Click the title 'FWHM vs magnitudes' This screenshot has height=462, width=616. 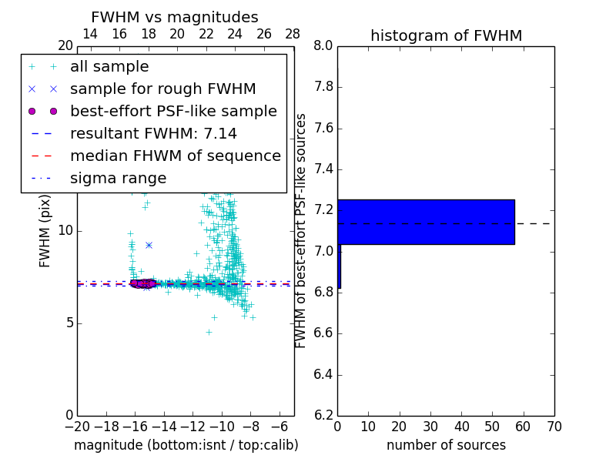click(x=175, y=17)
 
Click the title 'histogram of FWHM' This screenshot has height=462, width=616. click(x=446, y=35)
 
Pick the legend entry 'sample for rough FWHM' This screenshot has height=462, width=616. click(x=162, y=89)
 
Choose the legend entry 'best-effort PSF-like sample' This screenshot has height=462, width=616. click(x=173, y=112)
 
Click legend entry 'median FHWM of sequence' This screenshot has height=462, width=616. click(x=175, y=156)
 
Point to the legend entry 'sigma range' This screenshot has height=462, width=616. click(x=118, y=179)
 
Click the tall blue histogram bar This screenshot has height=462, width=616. click(x=426, y=222)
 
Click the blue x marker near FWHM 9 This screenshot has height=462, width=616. click(x=149, y=245)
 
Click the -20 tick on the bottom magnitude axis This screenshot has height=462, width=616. click(x=77, y=427)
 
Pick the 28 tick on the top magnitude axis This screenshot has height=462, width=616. click(x=293, y=34)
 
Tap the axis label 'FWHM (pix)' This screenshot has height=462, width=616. click(x=45, y=230)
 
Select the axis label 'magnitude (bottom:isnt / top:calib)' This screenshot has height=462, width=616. click(x=186, y=445)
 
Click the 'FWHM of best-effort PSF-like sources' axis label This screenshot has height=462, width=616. click(x=301, y=230)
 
